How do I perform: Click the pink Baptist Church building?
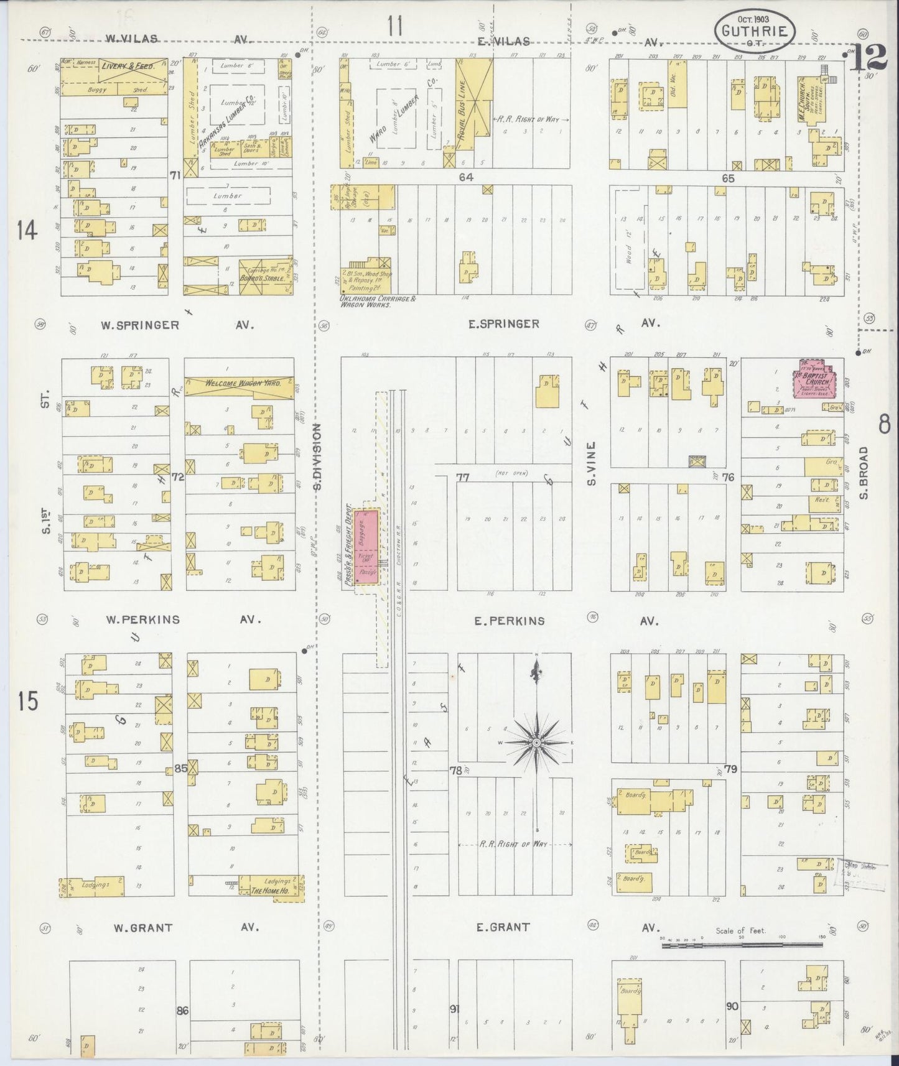coord(814,379)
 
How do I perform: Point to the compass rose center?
coord(536,743)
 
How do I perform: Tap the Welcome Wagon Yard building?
coord(240,384)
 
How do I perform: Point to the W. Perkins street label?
coord(142,620)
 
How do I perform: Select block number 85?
coord(180,768)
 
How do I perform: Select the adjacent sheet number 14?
coord(27,231)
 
